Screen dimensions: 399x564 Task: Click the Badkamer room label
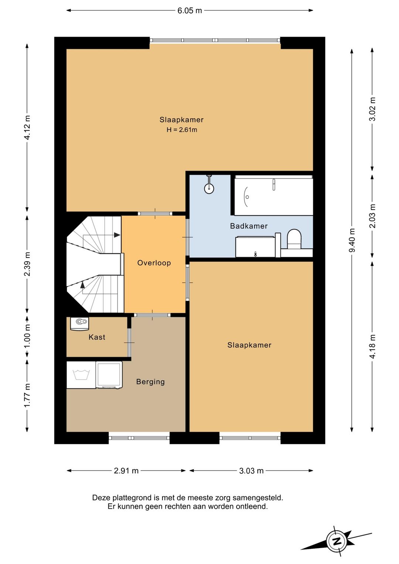tap(249, 226)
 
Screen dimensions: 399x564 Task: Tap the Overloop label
tap(154, 263)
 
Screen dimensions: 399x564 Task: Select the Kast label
tap(97, 337)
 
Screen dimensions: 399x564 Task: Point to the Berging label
tap(150, 382)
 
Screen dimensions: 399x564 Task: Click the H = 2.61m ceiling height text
tap(182, 130)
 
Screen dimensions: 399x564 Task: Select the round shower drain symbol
tap(209, 188)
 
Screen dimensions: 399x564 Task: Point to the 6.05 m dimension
tap(190, 11)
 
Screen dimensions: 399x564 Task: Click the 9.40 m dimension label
tap(352, 240)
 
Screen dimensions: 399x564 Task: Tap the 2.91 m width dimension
tap(126, 470)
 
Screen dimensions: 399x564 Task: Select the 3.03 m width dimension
tap(251, 470)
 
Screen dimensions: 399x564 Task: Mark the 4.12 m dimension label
tap(27, 127)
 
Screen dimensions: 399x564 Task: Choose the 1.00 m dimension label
tap(27, 336)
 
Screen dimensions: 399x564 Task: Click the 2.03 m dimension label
tap(372, 216)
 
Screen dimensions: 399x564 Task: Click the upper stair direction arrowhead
tap(117, 235)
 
